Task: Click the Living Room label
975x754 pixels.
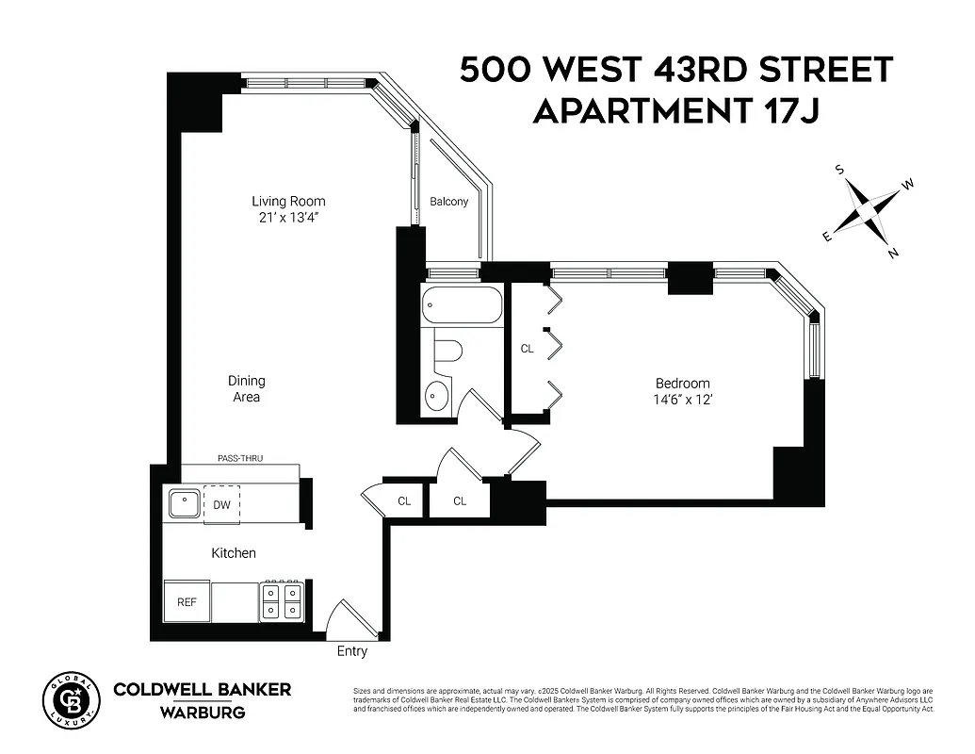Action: tap(288, 201)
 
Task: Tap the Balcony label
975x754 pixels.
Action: tap(448, 202)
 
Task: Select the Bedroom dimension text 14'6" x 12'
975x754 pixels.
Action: tap(683, 399)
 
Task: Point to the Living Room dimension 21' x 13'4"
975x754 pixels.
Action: tap(288, 218)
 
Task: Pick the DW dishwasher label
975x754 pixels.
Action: tap(221, 504)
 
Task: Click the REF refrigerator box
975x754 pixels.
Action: tap(187, 601)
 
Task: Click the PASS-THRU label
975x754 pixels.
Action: tap(239, 458)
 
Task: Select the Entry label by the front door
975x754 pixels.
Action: tap(352, 651)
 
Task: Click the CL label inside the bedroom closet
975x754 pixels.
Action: tap(528, 349)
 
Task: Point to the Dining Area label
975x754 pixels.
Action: tap(246, 389)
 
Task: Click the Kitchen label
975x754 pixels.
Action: tap(233, 553)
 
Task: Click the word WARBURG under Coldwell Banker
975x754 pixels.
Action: tap(202, 713)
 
